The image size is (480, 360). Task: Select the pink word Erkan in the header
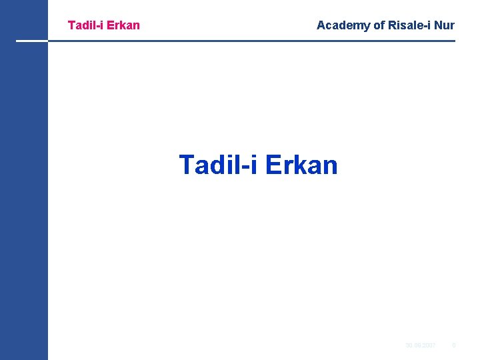point(123,25)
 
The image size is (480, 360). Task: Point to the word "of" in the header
point(379,25)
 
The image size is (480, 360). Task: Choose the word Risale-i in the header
point(409,25)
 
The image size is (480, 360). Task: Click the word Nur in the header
point(444,25)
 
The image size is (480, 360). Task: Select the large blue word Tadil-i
point(218,165)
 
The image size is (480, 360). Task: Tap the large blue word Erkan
point(301,165)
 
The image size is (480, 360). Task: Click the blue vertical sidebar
point(24,200)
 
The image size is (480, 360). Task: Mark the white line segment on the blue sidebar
point(32,41)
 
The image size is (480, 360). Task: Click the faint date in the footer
point(421,345)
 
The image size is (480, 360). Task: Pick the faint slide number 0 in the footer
point(454,345)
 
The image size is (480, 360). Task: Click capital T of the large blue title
point(187,165)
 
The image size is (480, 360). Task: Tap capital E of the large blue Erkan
point(273,165)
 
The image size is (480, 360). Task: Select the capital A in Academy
point(321,25)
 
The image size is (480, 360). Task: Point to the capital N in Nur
point(437,25)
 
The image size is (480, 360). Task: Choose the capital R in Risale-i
point(393,25)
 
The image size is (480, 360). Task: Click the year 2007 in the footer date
point(429,345)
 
